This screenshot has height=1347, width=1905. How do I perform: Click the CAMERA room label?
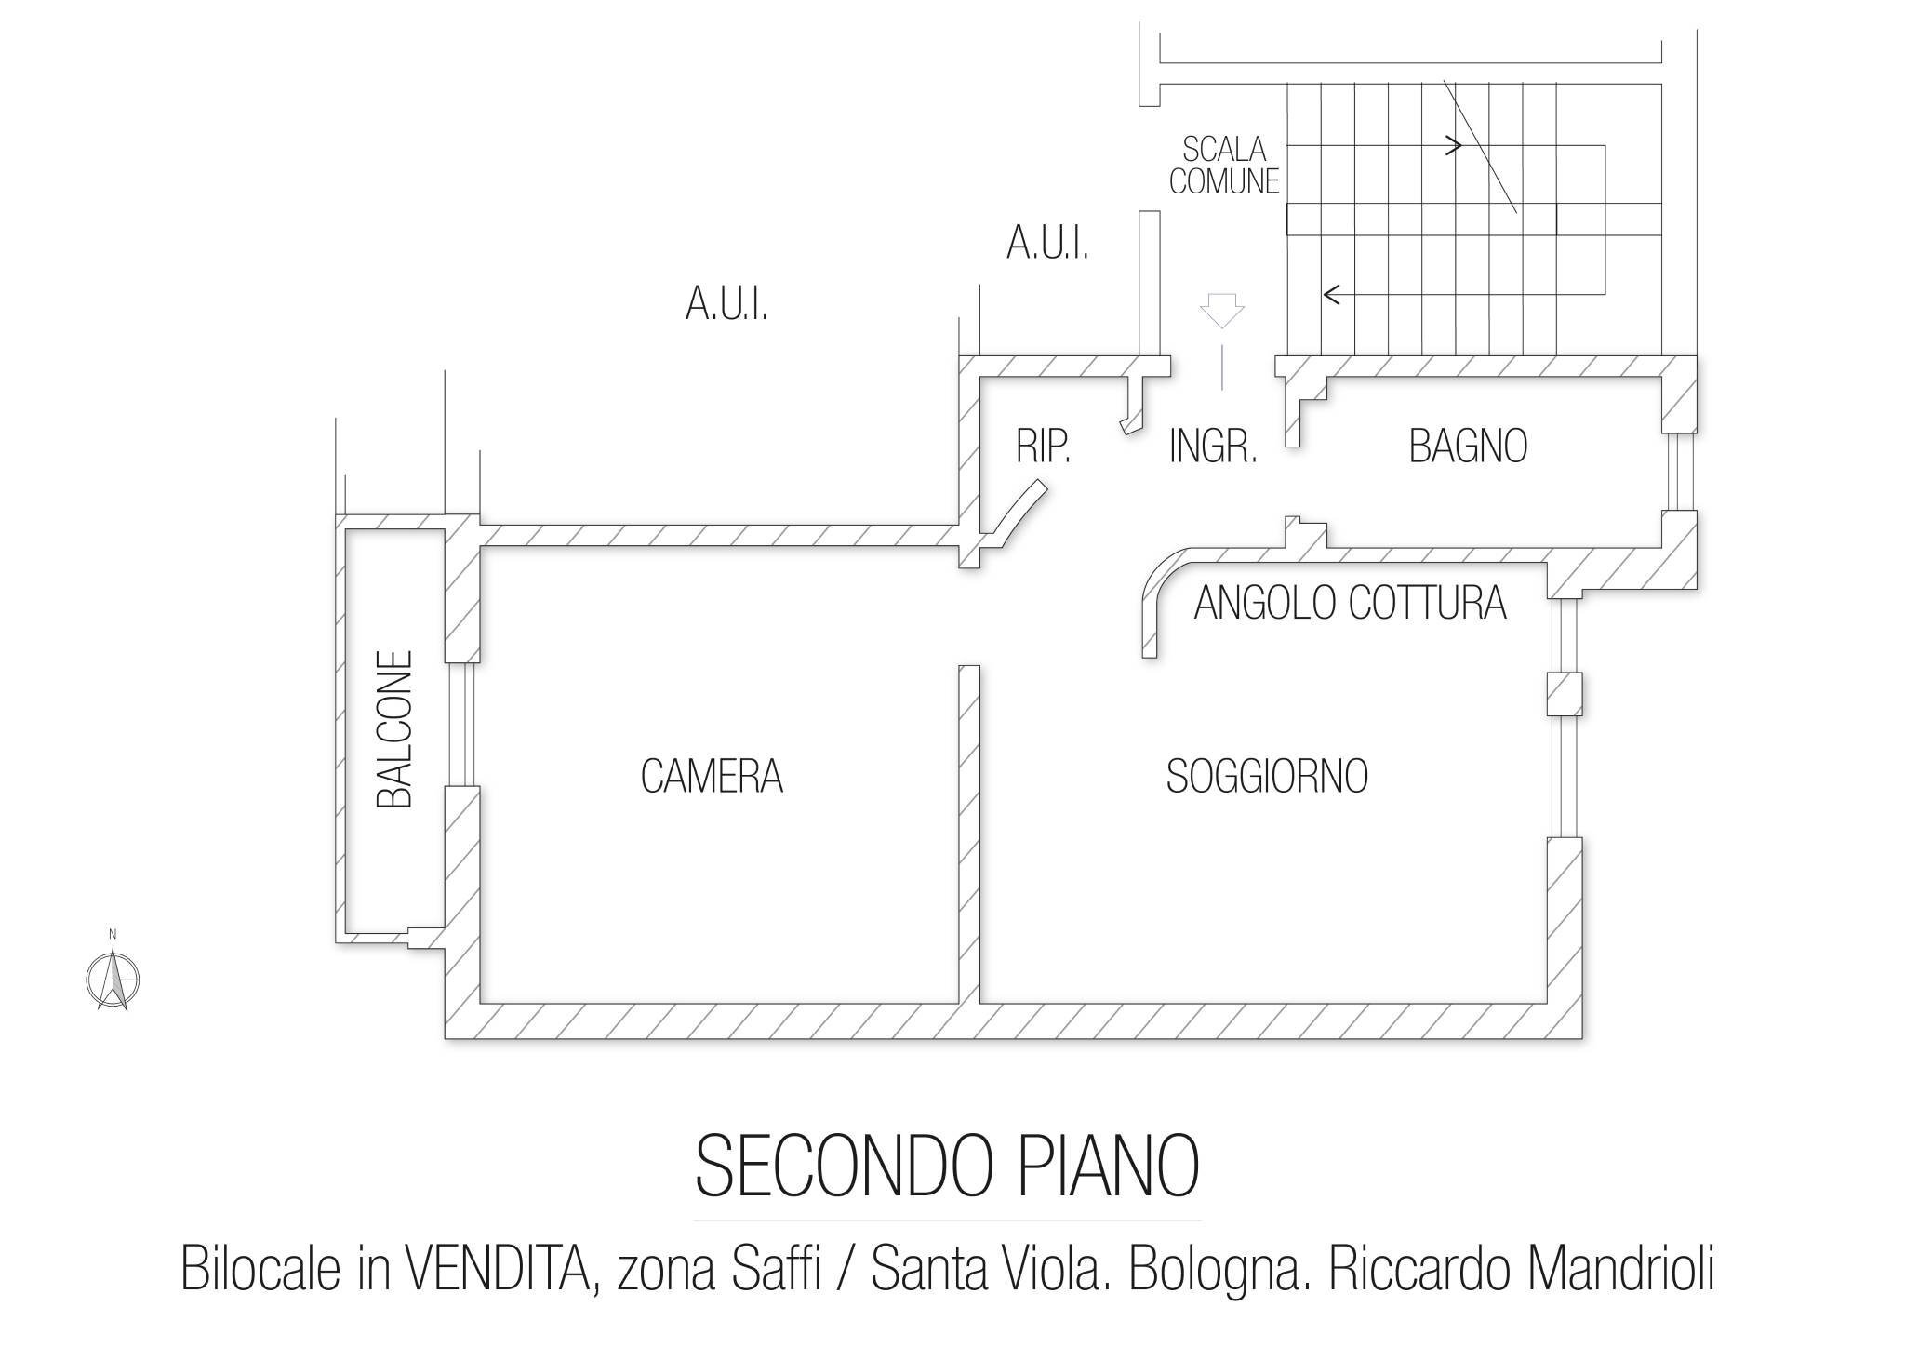712,776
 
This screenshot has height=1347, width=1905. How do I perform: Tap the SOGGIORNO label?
1267,776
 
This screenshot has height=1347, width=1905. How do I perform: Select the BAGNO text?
1468,446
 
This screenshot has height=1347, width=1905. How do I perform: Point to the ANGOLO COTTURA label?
1350,603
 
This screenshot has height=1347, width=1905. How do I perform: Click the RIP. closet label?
1043,447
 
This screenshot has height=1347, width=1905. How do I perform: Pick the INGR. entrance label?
1213,447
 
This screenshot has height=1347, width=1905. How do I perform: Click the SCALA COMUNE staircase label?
1224,165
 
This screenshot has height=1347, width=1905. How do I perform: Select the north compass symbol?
113,978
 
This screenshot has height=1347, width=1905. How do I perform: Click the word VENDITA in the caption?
498,1269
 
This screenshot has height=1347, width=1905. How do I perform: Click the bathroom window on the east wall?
1679,472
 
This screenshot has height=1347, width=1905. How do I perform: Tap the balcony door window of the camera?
462,724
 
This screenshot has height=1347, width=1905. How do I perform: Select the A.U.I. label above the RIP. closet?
1047,244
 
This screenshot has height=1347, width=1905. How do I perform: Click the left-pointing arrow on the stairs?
1332,295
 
